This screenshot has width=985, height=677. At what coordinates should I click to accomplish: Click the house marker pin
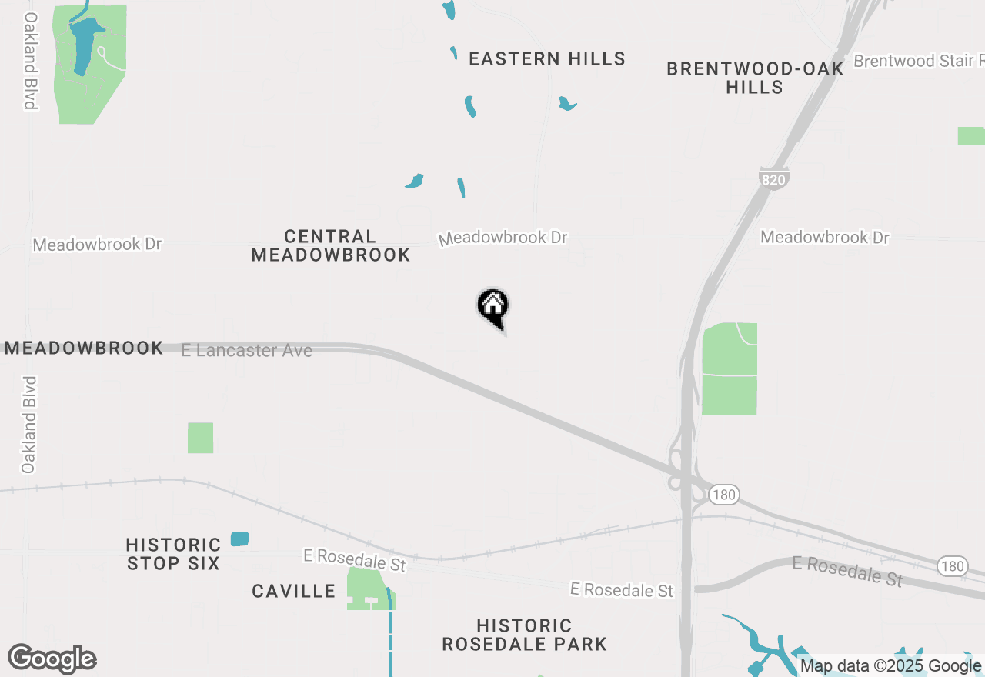pyautogui.click(x=492, y=306)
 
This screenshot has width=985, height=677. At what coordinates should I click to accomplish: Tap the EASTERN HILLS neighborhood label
pyautogui.click(x=546, y=58)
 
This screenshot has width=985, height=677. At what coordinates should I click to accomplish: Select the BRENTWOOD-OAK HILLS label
pyautogui.click(x=755, y=78)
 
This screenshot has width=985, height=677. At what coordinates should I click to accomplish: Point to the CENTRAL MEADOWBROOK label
pyautogui.click(x=331, y=245)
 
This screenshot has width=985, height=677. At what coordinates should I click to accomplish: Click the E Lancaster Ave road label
pyautogui.click(x=247, y=351)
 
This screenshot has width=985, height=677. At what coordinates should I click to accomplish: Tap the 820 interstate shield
pyautogui.click(x=773, y=179)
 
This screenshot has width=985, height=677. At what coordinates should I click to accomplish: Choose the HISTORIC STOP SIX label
pyautogui.click(x=173, y=554)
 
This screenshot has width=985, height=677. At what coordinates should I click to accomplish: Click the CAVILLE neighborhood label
pyautogui.click(x=294, y=591)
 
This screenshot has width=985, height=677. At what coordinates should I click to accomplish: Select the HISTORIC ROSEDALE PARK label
pyautogui.click(x=524, y=635)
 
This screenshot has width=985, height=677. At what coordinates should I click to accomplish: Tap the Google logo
pyautogui.click(x=52, y=659)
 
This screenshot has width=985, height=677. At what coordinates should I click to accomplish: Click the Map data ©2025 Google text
pyautogui.click(x=891, y=666)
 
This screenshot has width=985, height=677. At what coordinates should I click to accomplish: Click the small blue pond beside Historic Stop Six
pyautogui.click(x=239, y=539)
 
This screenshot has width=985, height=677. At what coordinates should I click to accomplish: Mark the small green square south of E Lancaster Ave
pyautogui.click(x=200, y=438)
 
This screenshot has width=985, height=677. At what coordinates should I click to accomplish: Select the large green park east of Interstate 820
pyautogui.click(x=730, y=369)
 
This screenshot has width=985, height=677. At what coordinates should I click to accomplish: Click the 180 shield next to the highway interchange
pyautogui.click(x=723, y=495)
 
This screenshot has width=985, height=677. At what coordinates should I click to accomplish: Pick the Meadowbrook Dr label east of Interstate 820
pyautogui.click(x=825, y=237)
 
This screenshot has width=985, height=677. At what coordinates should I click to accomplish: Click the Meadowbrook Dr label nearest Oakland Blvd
pyautogui.click(x=97, y=244)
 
